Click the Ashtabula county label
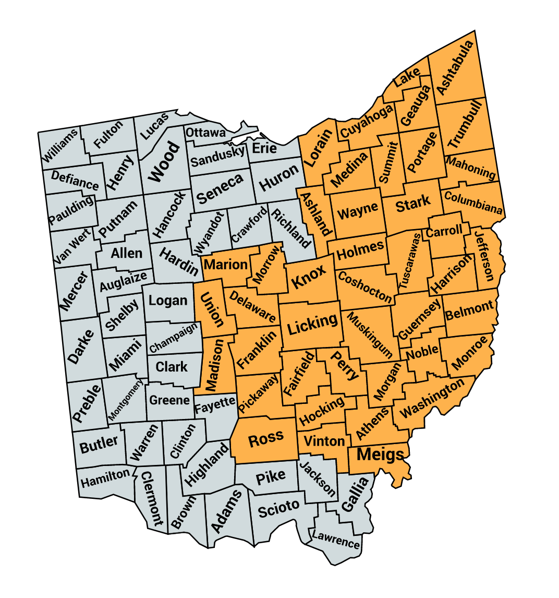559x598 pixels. pos(456,68)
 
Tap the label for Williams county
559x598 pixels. pos(60,145)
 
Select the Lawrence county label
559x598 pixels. pos(335,539)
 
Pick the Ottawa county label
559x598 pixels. pos(205,132)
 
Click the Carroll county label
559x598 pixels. pos(444,231)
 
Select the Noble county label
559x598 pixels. pos(422,352)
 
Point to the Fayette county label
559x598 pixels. pos(215,405)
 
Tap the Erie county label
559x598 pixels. pos(264,148)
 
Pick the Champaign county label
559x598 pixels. pos(174,338)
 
